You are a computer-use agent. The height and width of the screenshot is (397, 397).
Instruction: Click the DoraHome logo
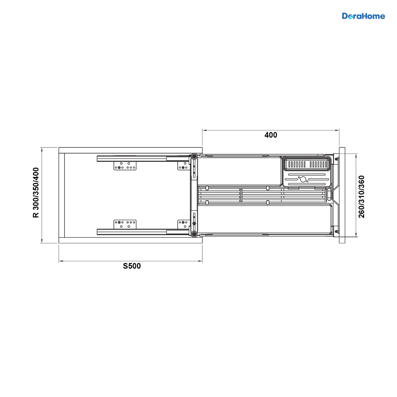363,16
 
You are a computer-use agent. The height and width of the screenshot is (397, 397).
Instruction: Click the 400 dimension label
271,135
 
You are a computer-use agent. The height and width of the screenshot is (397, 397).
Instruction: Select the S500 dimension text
132,266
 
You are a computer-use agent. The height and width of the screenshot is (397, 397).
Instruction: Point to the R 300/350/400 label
36,193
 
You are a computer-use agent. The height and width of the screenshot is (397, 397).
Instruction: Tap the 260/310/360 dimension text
361,197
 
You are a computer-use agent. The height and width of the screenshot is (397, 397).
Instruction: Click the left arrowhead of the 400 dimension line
204,130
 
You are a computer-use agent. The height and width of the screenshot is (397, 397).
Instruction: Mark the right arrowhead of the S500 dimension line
200,261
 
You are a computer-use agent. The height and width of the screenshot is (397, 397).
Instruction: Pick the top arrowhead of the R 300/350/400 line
42,150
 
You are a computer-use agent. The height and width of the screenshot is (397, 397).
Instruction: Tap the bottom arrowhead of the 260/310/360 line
356,235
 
